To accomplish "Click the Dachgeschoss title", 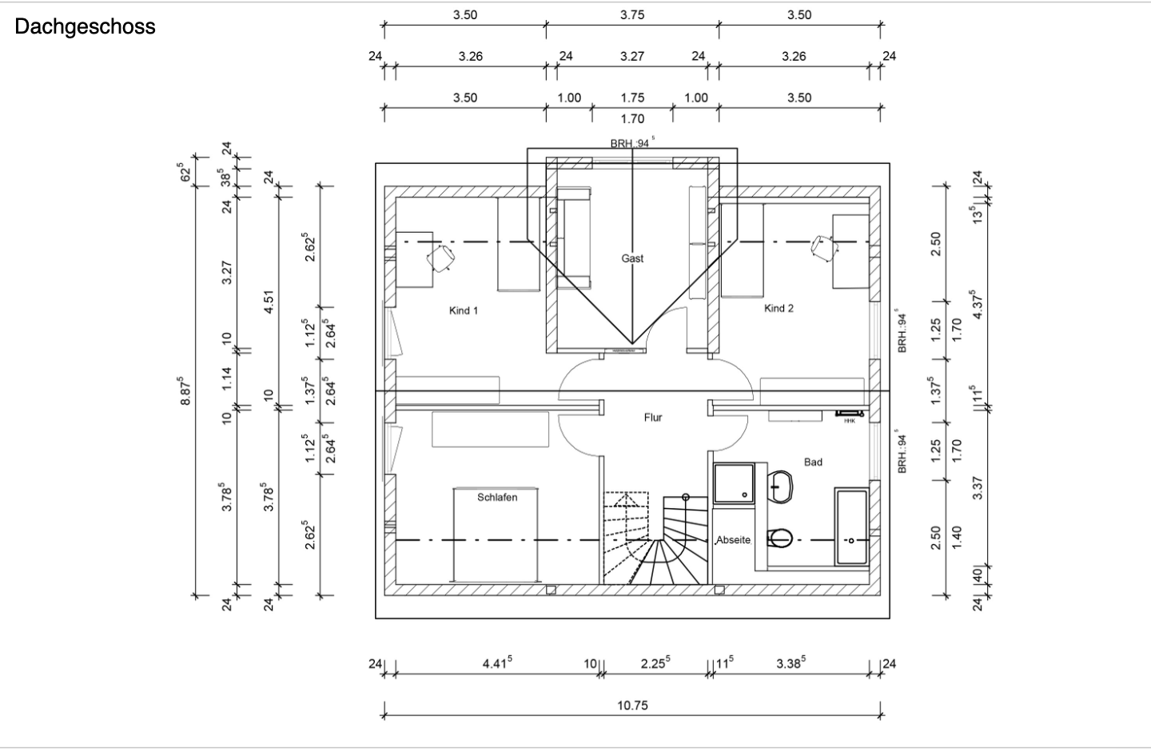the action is (x=85, y=26).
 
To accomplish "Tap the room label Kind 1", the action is (x=464, y=310).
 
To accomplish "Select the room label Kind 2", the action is (x=779, y=309).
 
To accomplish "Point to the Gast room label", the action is (x=632, y=258).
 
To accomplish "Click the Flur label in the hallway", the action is (x=653, y=418).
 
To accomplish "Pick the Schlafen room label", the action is (x=497, y=498).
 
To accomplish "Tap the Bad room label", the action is (x=813, y=462).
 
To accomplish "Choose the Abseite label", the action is (x=733, y=540).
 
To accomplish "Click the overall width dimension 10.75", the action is (x=632, y=706).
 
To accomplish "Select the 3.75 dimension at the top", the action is (x=632, y=15).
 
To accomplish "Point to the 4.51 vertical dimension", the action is (x=269, y=302).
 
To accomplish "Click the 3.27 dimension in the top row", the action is (x=632, y=57).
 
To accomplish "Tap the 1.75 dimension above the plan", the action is (x=632, y=98).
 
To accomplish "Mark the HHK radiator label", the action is (x=850, y=422).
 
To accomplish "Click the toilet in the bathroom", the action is (x=779, y=538).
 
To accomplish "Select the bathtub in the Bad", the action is (x=851, y=526).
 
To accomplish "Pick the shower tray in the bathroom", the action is (x=735, y=483).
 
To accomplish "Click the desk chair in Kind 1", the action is (x=441, y=258).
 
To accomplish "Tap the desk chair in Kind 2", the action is (x=824, y=248).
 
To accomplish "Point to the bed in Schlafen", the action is (x=496, y=535).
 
